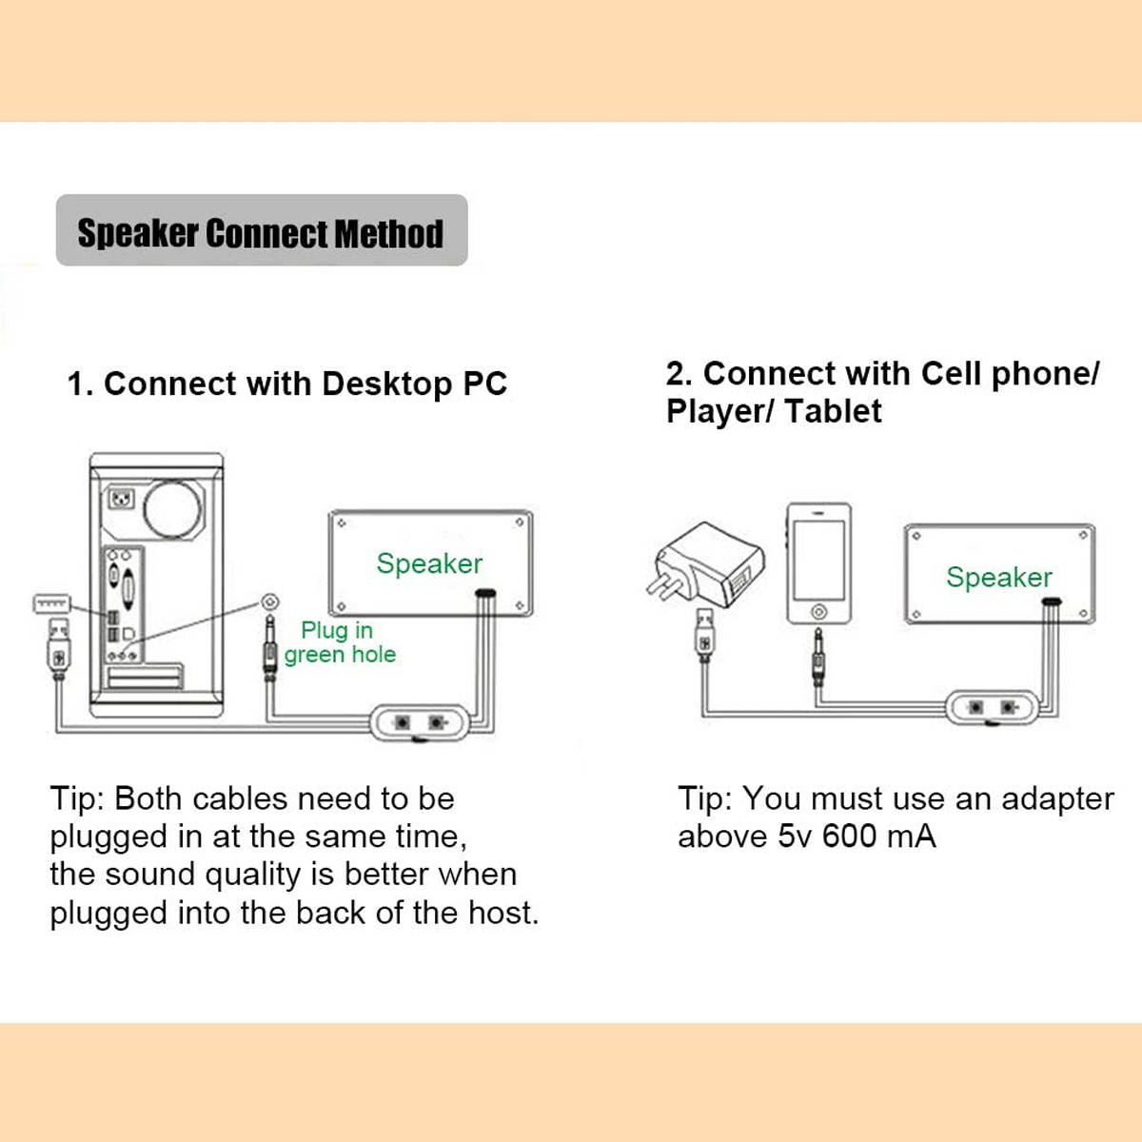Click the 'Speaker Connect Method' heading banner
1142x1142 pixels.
click(261, 232)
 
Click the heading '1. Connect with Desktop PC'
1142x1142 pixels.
click(286, 384)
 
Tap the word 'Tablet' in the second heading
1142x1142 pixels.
click(833, 411)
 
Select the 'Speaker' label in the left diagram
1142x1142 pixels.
click(429, 563)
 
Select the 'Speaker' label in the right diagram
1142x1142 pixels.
click(998, 577)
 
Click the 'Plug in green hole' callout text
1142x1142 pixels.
click(339, 642)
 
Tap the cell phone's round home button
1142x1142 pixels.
click(817, 610)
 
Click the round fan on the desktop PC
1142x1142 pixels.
click(173, 506)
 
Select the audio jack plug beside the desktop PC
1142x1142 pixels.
click(269, 647)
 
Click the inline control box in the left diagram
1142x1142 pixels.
click(419, 723)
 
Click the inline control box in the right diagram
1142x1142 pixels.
click(991, 708)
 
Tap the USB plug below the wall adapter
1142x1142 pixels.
click(704, 635)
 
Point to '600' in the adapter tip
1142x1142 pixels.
click(849, 837)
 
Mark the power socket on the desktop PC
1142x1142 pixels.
click(122, 498)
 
